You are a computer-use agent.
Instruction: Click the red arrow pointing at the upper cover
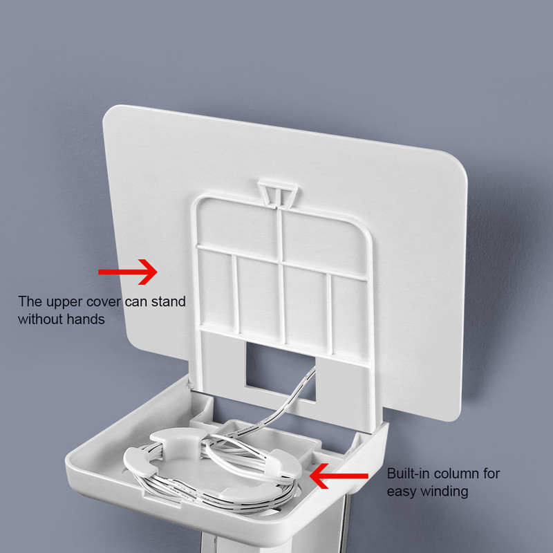(128, 272)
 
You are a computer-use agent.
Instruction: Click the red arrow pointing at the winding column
(339, 476)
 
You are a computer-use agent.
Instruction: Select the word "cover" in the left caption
(104, 302)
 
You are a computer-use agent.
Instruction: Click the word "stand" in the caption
(168, 302)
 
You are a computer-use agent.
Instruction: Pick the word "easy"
(402, 491)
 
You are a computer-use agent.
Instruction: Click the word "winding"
(444, 491)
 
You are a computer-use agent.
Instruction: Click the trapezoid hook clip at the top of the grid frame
(278, 193)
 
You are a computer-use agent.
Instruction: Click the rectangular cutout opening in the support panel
(281, 371)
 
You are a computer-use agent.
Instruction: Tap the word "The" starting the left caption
(30, 302)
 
